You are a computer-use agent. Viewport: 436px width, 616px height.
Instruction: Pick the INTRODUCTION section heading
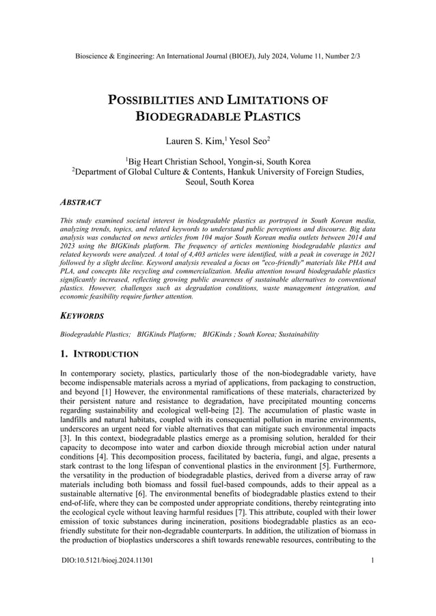coord(106,354)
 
